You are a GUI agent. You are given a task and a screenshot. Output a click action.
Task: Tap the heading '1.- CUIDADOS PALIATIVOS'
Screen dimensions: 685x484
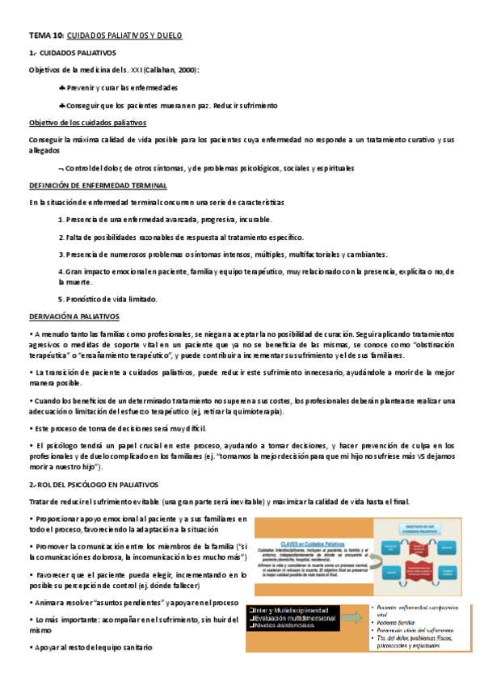pyautogui.click(x=70, y=53)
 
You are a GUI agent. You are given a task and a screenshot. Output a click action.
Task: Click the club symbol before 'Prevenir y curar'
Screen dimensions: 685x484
pyautogui.click(x=62, y=87)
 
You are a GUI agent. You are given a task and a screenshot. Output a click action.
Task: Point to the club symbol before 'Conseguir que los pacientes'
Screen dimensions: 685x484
pyautogui.click(x=62, y=105)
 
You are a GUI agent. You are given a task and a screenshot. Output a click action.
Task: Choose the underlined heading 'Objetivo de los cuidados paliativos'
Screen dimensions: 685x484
pyautogui.click(x=87, y=123)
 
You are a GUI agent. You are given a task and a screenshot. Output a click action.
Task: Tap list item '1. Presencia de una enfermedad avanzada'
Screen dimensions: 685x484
pyautogui.click(x=166, y=219)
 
